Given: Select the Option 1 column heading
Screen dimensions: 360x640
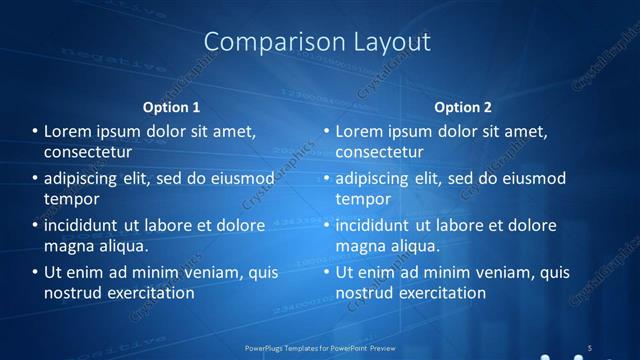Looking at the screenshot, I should click(172, 107).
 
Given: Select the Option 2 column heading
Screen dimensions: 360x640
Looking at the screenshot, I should click(463, 107).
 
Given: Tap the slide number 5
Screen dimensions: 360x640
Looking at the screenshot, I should click(589, 347).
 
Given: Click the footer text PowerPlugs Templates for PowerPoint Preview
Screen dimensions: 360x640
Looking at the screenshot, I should click(319, 347).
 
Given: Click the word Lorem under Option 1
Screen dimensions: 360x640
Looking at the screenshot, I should click(69, 131).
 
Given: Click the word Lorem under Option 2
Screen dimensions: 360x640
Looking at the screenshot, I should click(360, 131).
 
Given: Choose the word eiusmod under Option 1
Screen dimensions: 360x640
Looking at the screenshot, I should click(239, 179).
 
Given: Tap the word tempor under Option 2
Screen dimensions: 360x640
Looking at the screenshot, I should click(362, 199).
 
